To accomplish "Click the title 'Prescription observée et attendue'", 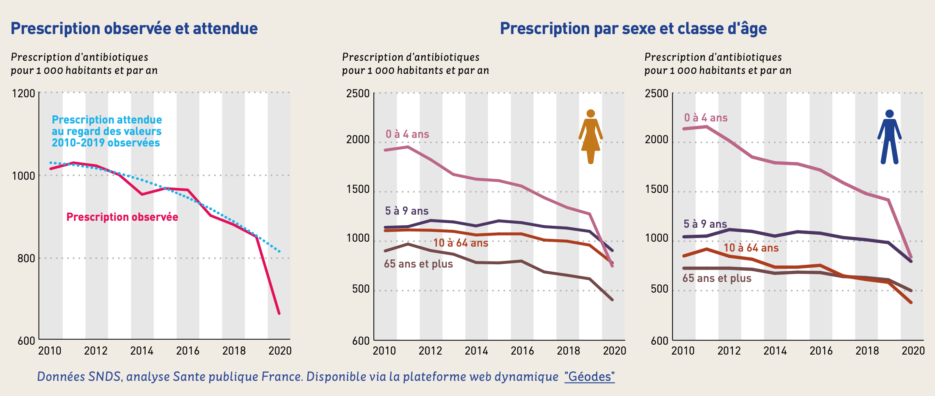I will pyautogui.click(x=134, y=28).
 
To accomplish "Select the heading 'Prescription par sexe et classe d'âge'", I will pyautogui.click(x=633, y=28).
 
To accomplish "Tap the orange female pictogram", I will pyautogui.click(x=590, y=137).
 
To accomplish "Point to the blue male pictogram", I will pyautogui.click(x=889, y=137).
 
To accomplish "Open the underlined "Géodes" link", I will pyautogui.click(x=590, y=376).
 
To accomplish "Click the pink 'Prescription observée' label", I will pyautogui.click(x=122, y=217).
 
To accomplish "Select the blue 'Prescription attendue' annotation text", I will pyautogui.click(x=107, y=131).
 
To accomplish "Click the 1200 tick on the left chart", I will pyautogui.click(x=24, y=93).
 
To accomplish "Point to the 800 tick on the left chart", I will pyautogui.click(x=26, y=258).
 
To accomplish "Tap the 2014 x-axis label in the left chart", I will pyautogui.click(x=142, y=351).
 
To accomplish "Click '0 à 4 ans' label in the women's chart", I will pyautogui.click(x=407, y=134).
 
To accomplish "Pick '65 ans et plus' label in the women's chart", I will pyautogui.click(x=418, y=264).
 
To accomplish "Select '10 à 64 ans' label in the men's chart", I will pyautogui.click(x=751, y=248).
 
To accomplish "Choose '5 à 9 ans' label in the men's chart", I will pyautogui.click(x=705, y=224).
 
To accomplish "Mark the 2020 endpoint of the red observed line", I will pyautogui.click(x=279, y=313).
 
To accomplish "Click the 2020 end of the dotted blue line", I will pyautogui.click(x=279, y=251).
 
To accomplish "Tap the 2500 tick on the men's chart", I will pyautogui.click(x=656, y=93).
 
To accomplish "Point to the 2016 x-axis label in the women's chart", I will pyautogui.click(x=522, y=351).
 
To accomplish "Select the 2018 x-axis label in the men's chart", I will pyautogui.click(x=867, y=351).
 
